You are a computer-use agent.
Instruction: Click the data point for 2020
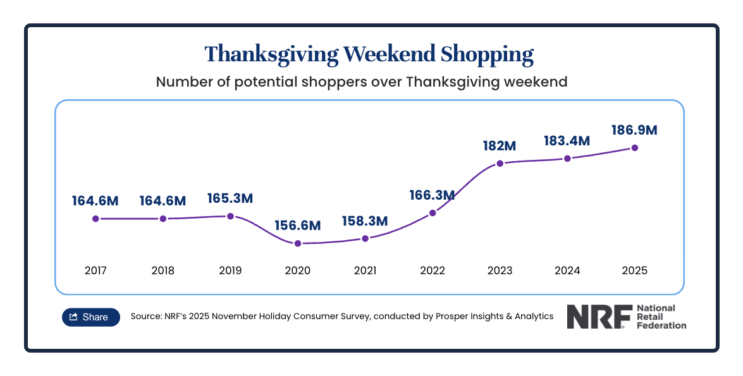click(x=298, y=243)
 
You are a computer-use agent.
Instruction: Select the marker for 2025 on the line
click(x=635, y=148)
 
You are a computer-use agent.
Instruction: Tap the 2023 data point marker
click(x=500, y=163)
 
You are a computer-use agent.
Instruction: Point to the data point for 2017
click(x=95, y=219)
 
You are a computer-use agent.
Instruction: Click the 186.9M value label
click(x=634, y=130)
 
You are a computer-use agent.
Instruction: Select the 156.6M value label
click(x=298, y=225)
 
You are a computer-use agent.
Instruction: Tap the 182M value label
click(x=500, y=145)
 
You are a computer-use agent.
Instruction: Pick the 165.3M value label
click(x=230, y=198)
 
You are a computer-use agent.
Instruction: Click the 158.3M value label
click(x=365, y=221)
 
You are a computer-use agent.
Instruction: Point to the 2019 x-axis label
click(x=230, y=270)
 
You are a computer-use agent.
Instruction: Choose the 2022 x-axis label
click(x=433, y=270)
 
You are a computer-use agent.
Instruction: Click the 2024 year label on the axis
click(x=567, y=270)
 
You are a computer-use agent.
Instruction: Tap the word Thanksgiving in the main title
click(x=271, y=54)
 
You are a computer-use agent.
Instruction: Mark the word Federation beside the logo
click(x=661, y=325)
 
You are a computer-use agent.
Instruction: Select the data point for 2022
click(x=433, y=213)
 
